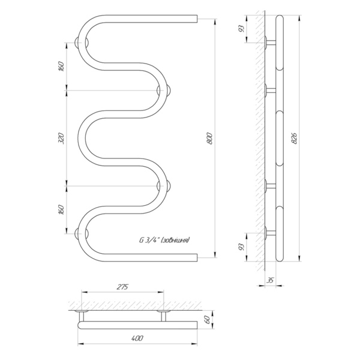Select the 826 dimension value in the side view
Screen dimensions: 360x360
click(294, 138)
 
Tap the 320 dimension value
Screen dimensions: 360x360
click(62, 138)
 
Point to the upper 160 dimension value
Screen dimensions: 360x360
click(62, 67)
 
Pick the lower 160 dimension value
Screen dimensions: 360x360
click(62, 209)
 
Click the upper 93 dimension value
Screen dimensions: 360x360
click(242, 29)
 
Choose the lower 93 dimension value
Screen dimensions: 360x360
click(242, 247)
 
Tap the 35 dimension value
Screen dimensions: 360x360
click(271, 280)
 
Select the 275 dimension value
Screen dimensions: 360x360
click(122, 287)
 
